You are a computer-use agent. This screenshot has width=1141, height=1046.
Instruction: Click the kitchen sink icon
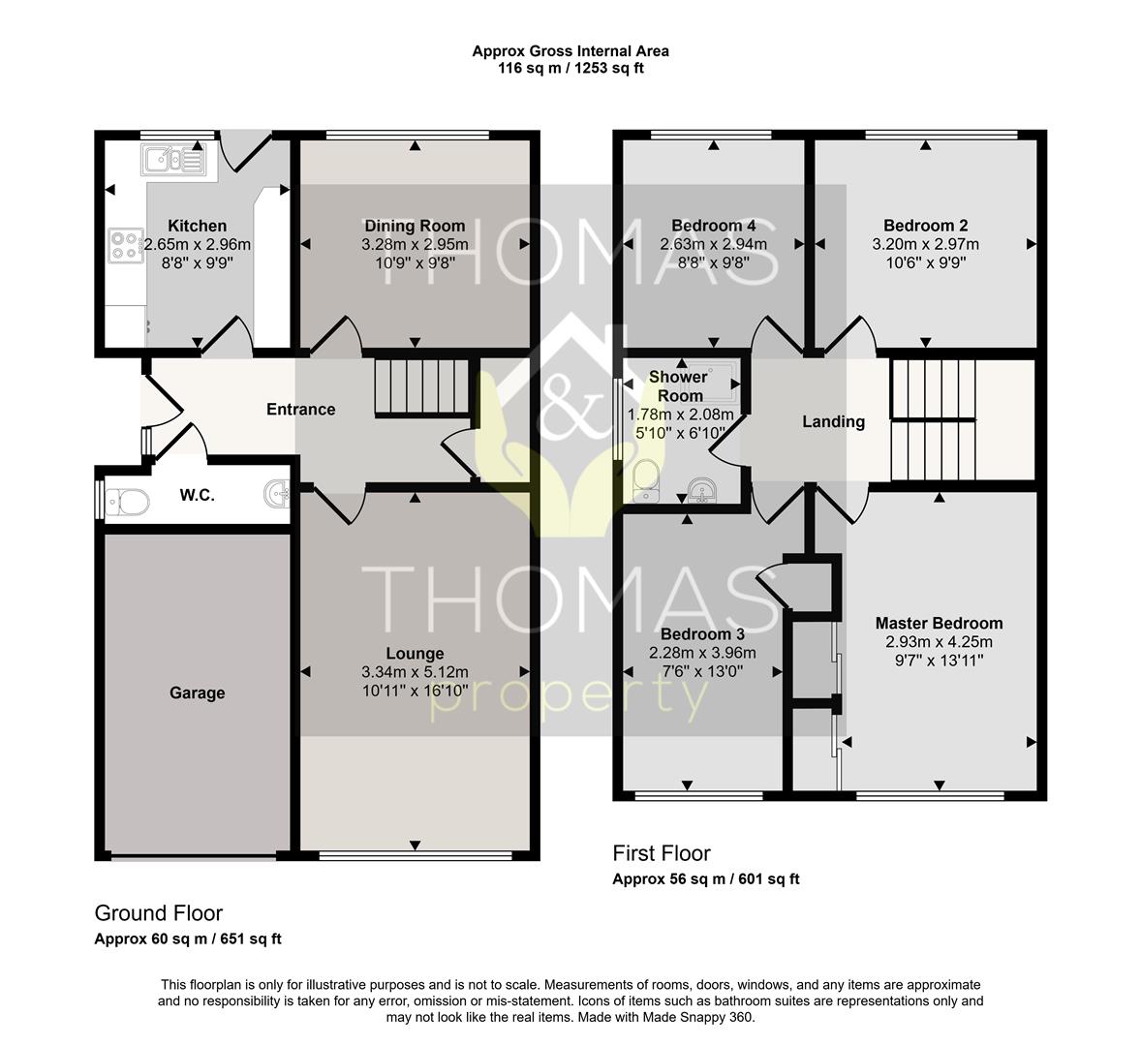click(x=174, y=159)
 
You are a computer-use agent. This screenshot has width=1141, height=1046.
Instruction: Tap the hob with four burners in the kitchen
click(x=125, y=245)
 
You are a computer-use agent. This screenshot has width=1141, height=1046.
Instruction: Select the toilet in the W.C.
click(x=127, y=502)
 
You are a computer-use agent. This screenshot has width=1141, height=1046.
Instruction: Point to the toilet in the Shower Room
click(x=646, y=481)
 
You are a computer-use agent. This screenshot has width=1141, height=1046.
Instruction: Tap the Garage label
click(x=198, y=693)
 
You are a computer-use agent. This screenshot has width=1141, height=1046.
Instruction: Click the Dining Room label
click(x=415, y=227)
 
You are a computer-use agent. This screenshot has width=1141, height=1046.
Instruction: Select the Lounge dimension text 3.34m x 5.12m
click(x=415, y=672)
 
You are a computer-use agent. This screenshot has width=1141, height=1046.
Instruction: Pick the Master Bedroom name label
click(x=939, y=624)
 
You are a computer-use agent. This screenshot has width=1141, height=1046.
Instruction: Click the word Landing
click(x=833, y=422)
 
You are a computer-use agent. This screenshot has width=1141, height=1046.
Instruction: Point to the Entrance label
click(x=300, y=410)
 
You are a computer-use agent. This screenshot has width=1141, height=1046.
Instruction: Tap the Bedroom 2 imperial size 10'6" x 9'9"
click(x=926, y=262)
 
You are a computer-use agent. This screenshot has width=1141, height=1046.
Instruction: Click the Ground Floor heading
click(x=159, y=913)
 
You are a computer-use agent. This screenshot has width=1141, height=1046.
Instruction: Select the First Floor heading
click(x=662, y=853)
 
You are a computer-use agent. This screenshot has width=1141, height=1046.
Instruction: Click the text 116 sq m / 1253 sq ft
click(x=570, y=69)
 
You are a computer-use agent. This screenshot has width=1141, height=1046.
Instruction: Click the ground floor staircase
click(x=421, y=387)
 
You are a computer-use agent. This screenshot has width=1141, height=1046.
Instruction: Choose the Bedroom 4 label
click(x=713, y=227)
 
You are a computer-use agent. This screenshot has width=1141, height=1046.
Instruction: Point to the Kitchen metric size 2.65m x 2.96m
click(x=198, y=245)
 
